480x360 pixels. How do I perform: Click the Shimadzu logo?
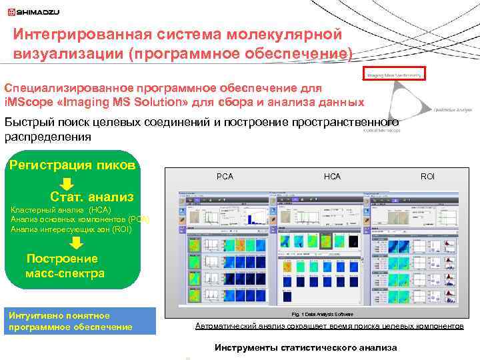[x=33, y=11]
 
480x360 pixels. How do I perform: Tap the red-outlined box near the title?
[x=393, y=74]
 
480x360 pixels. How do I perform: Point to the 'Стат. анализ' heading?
[x=91, y=197]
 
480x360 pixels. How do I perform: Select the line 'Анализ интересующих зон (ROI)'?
[x=71, y=229]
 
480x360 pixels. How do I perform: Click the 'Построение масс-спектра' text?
[x=64, y=266]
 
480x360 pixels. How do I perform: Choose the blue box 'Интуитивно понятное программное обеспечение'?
[x=79, y=320]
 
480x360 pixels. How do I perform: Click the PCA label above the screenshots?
[x=225, y=176]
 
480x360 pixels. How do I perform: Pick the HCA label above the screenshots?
[x=332, y=176]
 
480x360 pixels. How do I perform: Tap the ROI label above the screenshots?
[x=427, y=176]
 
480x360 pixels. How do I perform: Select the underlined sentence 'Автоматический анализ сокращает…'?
[x=329, y=326]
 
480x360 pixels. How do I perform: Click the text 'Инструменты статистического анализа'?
[x=305, y=347]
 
